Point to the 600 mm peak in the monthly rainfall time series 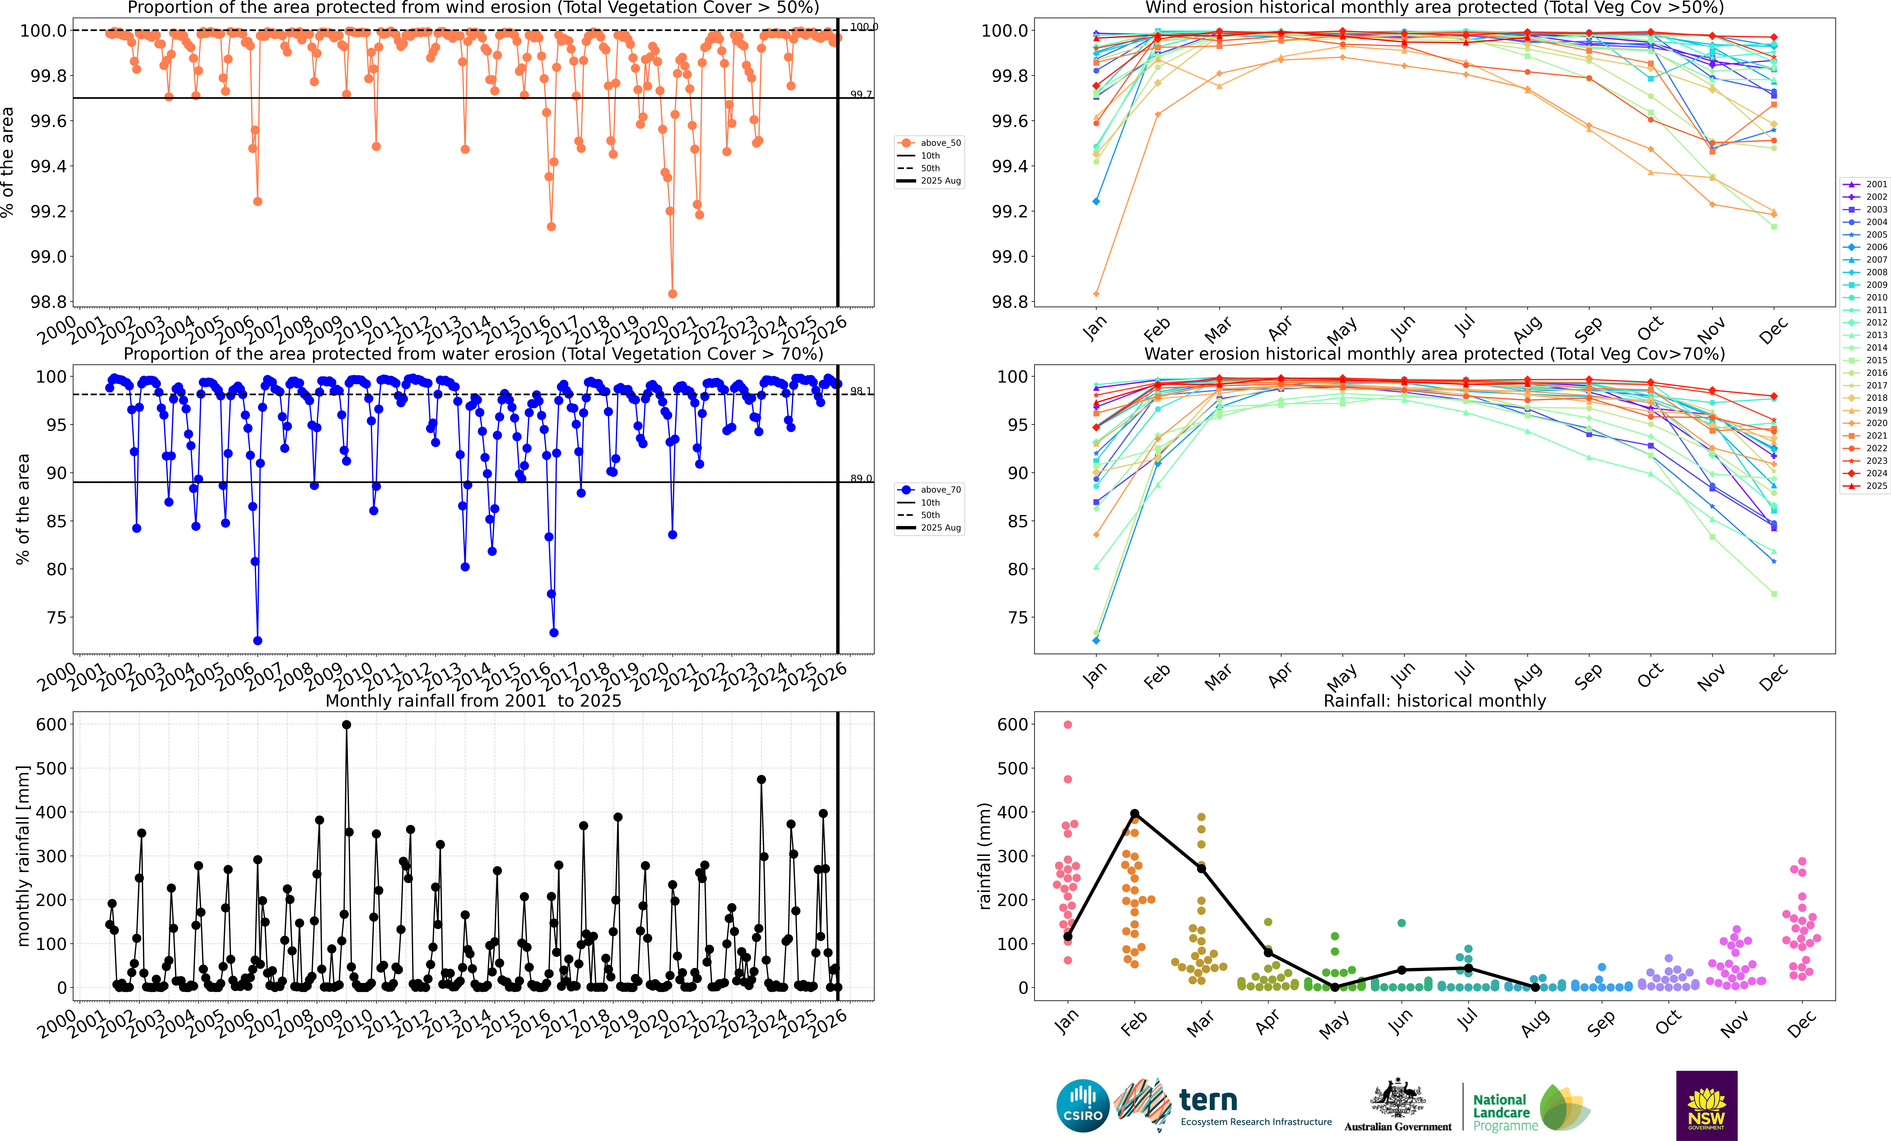(346, 724)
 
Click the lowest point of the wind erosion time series (672, 294)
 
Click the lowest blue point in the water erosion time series (258, 641)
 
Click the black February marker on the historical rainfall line (1134, 813)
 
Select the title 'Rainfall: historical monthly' (1434, 701)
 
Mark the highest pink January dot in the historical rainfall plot (1067, 724)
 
